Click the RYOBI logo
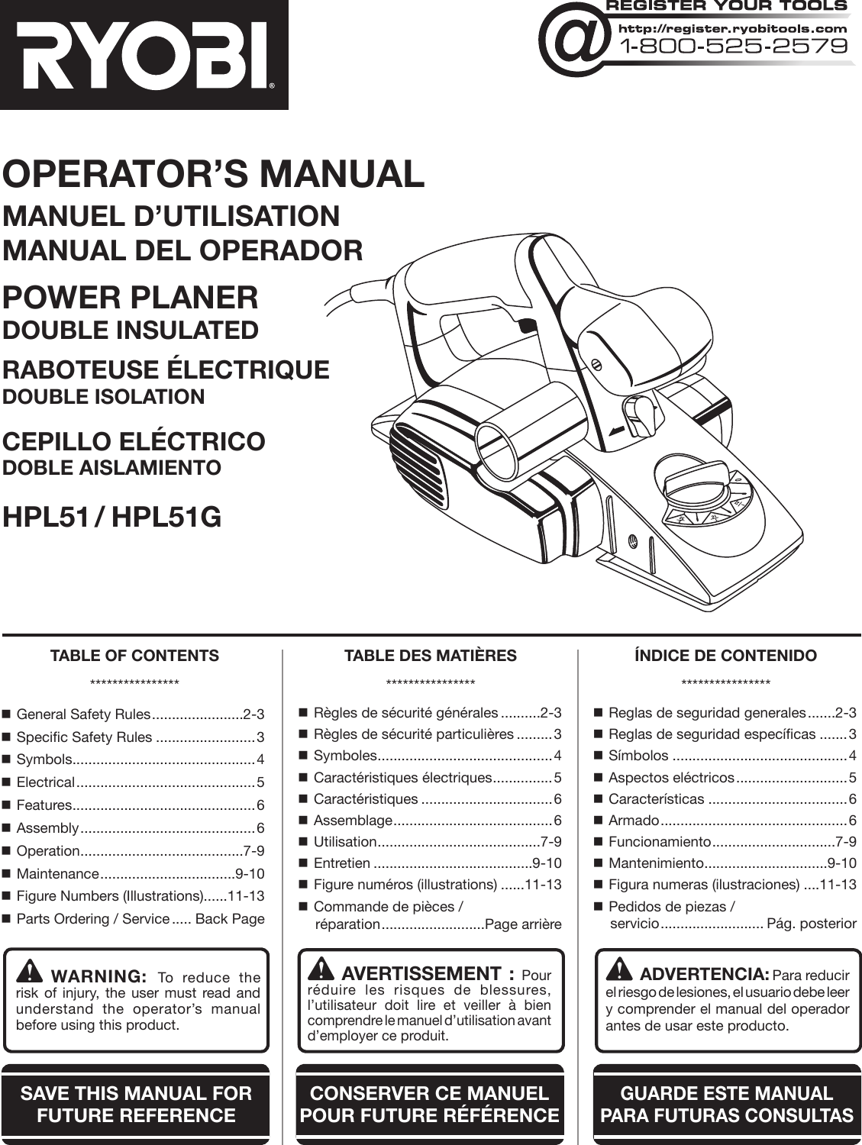(144, 54)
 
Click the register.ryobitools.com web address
(732, 28)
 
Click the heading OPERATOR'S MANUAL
(213, 174)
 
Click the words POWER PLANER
(131, 298)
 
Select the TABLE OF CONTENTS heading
(134, 656)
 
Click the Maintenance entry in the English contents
(58, 873)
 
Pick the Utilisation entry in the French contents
(345, 841)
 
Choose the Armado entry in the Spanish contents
(633, 820)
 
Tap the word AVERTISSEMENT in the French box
(421, 973)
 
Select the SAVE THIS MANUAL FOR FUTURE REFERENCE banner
(136, 1104)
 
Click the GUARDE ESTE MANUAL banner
(726, 1104)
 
